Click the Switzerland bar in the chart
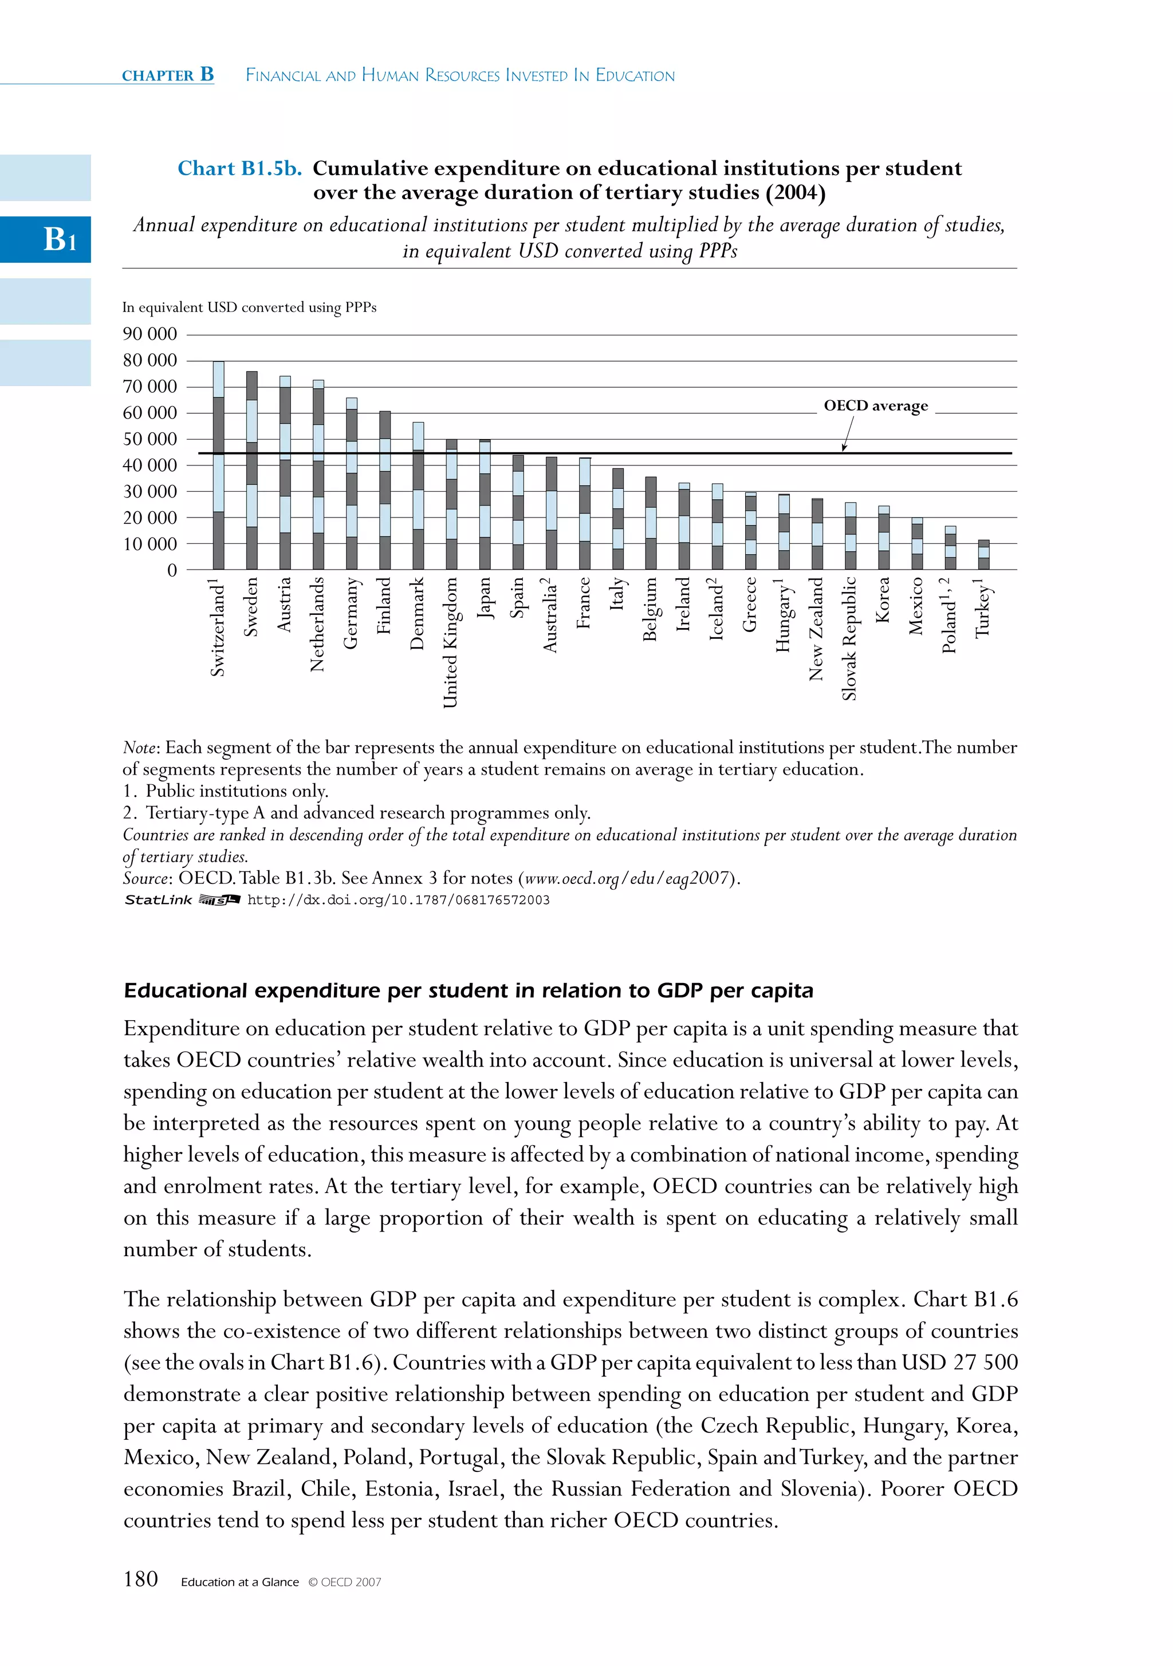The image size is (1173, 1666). (218, 466)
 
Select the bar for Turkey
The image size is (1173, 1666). (983, 555)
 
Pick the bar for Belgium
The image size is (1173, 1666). (651, 523)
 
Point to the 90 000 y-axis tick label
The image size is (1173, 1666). (149, 334)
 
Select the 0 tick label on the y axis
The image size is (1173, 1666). (172, 571)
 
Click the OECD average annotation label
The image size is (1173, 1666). (875, 405)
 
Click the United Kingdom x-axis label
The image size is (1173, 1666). (451, 642)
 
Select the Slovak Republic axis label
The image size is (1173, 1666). (849, 638)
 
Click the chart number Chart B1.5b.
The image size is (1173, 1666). (239, 169)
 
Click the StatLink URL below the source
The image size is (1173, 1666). (399, 901)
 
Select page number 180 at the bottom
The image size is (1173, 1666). (141, 1580)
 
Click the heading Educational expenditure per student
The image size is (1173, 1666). (468, 991)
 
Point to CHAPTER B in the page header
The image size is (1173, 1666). (168, 76)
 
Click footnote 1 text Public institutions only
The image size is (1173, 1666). (226, 791)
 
